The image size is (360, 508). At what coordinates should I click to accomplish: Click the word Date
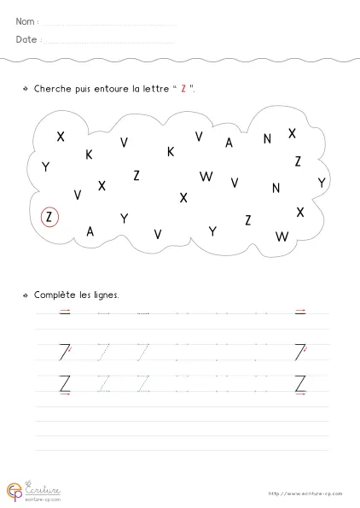[x=26, y=40]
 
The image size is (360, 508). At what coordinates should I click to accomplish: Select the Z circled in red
[x=49, y=217]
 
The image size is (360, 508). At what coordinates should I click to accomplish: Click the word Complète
[x=54, y=295]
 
